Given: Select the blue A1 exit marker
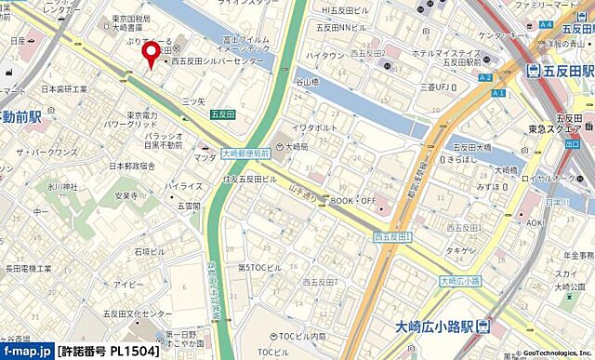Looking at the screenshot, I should [499, 94].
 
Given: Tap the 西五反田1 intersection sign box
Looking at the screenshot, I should [392, 237].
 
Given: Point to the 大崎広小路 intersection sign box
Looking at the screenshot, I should [460, 280].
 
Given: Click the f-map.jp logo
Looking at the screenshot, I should [27, 352].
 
